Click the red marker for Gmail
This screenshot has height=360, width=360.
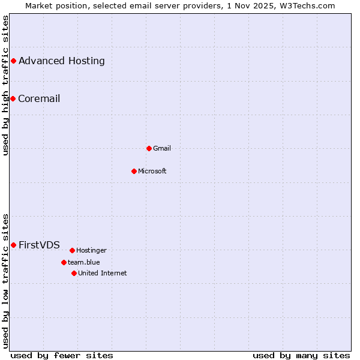[x=149, y=148]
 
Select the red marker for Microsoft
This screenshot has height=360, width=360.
[x=134, y=171]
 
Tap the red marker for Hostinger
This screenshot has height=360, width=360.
[x=72, y=250]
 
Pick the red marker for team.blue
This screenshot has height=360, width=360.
[x=64, y=262]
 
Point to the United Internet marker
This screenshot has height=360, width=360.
[x=74, y=273]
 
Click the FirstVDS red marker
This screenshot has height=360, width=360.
[x=13, y=245]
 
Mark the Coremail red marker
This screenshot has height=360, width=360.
[x=13, y=98]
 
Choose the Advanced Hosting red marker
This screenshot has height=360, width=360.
[x=13, y=61]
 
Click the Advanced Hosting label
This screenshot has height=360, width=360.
[x=61, y=61]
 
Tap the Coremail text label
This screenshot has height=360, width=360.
[x=39, y=98]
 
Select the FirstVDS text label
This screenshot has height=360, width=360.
[x=39, y=245]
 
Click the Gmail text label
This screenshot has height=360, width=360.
[x=162, y=148]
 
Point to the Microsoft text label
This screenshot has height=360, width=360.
[x=152, y=171]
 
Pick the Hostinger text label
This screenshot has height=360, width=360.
[x=91, y=250]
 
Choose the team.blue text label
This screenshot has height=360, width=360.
[x=84, y=262]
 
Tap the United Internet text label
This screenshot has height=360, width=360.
[x=103, y=273]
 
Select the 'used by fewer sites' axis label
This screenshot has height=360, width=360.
[x=62, y=355]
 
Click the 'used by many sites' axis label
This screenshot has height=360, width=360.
[x=301, y=355]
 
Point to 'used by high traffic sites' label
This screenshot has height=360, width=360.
[x=5, y=85]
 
